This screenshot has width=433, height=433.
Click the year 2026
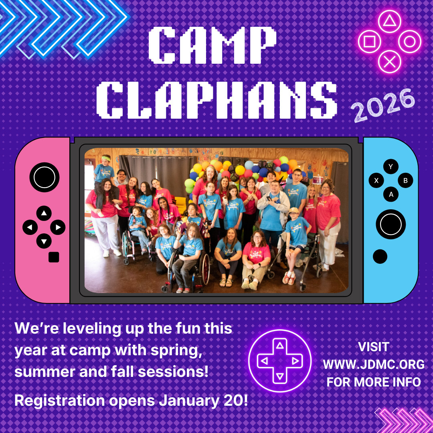tap(383, 105)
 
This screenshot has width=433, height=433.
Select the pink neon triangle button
tap(389, 21)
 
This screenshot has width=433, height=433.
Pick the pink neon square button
tap(369, 41)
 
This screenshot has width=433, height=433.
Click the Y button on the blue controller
tap(391, 167)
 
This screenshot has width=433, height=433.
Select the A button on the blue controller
tap(391, 195)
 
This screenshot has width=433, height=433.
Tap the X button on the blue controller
tap(376, 181)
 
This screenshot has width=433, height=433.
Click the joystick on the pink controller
tap(44, 177)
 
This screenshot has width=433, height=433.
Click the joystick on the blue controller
tap(391, 224)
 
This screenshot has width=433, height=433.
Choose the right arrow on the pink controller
tap(59, 228)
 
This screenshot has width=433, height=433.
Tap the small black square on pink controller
tap(54, 257)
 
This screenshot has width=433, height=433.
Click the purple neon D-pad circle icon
tap(279, 361)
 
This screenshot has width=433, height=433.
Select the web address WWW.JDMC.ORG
tap(374, 364)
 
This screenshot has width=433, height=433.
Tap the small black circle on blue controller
tap(380, 257)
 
